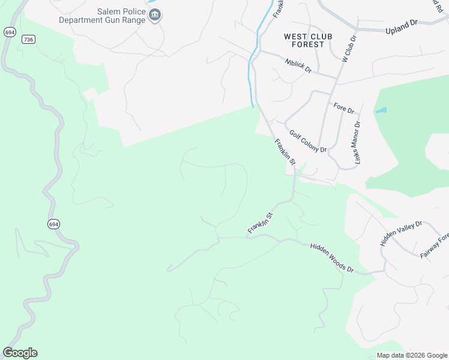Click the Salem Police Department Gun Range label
click(102, 16)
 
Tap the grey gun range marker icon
click(155, 15)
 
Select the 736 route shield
click(28, 40)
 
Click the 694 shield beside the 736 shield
click(9, 32)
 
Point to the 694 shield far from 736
click(53, 224)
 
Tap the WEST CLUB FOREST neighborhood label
click(304, 40)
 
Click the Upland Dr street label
click(402, 26)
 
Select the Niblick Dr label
click(298, 65)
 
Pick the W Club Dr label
click(349, 49)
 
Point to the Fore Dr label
click(344, 109)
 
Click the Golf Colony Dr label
click(307, 142)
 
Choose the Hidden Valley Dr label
click(401, 233)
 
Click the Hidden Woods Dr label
click(331, 258)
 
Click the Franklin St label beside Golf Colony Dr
click(285, 152)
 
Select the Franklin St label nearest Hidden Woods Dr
click(261, 223)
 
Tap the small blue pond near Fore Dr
click(381, 111)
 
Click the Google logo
click(20, 353)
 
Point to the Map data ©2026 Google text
click(411, 355)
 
